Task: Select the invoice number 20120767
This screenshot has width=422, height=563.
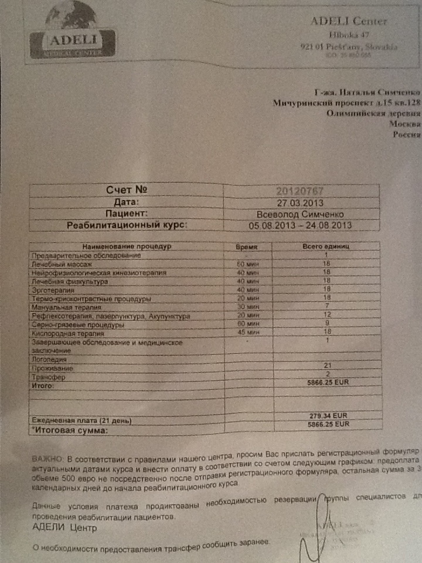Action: (x=300, y=191)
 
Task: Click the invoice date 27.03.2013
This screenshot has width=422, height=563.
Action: (x=300, y=202)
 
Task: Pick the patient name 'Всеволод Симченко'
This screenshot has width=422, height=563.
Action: (x=300, y=213)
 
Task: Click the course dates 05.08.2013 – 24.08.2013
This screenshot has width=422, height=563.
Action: (x=300, y=225)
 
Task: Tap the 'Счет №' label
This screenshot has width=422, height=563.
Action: (x=125, y=191)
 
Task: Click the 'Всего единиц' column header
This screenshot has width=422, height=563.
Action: (x=326, y=247)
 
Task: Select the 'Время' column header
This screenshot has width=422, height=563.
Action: (x=247, y=247)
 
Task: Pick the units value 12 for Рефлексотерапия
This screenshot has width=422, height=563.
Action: (x=326, y=316)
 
